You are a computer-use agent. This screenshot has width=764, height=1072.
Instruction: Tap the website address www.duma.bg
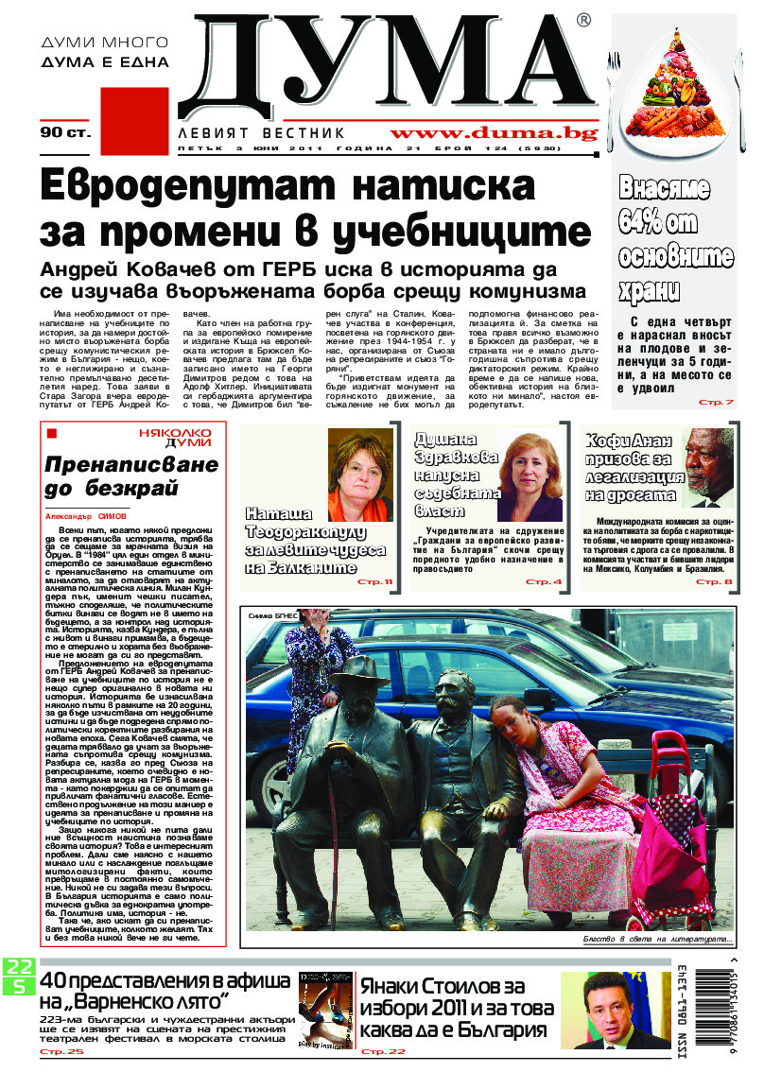click(x=494, y=133)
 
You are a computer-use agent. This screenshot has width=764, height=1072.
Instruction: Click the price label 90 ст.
click(x=65, y=132)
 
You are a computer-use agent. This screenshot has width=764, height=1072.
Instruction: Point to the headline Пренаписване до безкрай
click(x=118, y=476)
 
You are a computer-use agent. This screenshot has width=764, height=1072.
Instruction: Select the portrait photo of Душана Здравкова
click(x=530, y=477)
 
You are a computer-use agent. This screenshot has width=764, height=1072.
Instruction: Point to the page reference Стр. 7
click(x=715, y=403)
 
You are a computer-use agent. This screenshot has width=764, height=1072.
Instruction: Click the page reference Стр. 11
click(x=373, y=581)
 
